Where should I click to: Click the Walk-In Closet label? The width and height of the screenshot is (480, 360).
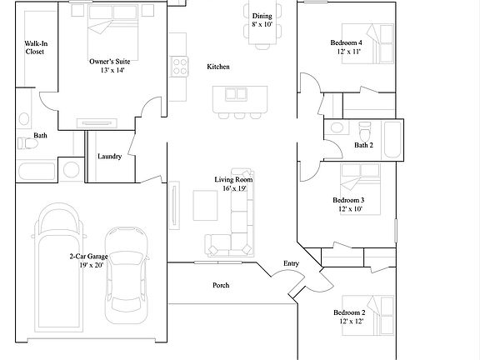click(x=34, y=47)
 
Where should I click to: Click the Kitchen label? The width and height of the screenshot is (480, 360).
click(x=218, y=67)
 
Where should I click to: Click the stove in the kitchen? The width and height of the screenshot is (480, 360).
click(x=177, y=66)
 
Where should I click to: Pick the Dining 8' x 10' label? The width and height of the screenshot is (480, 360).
click(x=262, y=20)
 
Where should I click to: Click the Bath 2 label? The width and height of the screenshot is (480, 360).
click(x=362, y=145)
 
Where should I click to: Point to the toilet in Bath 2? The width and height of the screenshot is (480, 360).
click(x=364, y=132)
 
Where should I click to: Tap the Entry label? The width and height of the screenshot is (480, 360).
click(x=291, y=263)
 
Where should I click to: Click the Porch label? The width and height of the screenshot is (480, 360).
click(x=221, y=285)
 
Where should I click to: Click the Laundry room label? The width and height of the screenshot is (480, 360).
click(x=110, y=157)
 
